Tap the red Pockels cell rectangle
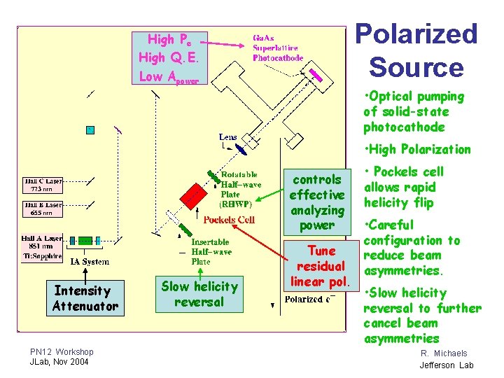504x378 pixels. (189, 195)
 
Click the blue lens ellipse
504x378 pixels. (239, 148)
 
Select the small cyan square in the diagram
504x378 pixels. (90, 129)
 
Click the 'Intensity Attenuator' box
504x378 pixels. (85, 299)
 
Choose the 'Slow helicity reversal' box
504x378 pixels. (199, 294)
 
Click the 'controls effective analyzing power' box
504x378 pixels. (317, 202)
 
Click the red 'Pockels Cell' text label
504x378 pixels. (229, 220)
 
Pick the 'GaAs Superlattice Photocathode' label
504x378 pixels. (278, 48)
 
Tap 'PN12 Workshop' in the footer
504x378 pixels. (62, 351)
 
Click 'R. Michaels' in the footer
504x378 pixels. (444, 353)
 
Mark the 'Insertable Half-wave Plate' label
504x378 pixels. (211, 251)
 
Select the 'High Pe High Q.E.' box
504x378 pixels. (170, 58)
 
